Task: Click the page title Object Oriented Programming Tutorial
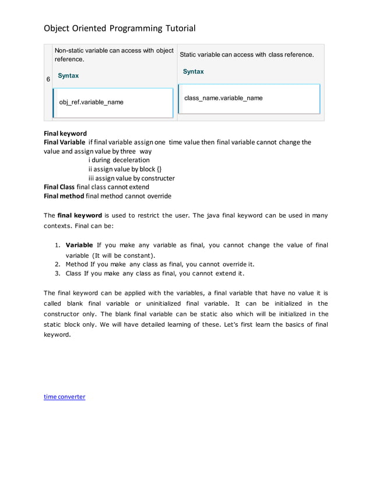click(x=120, y=28)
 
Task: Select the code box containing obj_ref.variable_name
click(x=113, y=103)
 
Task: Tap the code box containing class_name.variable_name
click(x=249, y=99)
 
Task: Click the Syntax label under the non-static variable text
click(x=68, y=76)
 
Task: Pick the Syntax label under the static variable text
click(x=193, y=72)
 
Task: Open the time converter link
click(x=65, y=397)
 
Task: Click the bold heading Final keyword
click(x=65, y=134)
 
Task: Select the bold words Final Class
click(x=59, y=187)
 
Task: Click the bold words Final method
click(x=64, y=196)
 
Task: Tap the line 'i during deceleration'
click(x=119, y=160)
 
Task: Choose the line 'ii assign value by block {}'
click(x=125, y=169)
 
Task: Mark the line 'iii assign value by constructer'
click(x=131, y=178)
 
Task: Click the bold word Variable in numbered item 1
click(x=80, y=245)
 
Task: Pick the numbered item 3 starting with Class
click(x=155, y=273)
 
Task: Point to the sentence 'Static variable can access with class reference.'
click(x=247, y=55)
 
